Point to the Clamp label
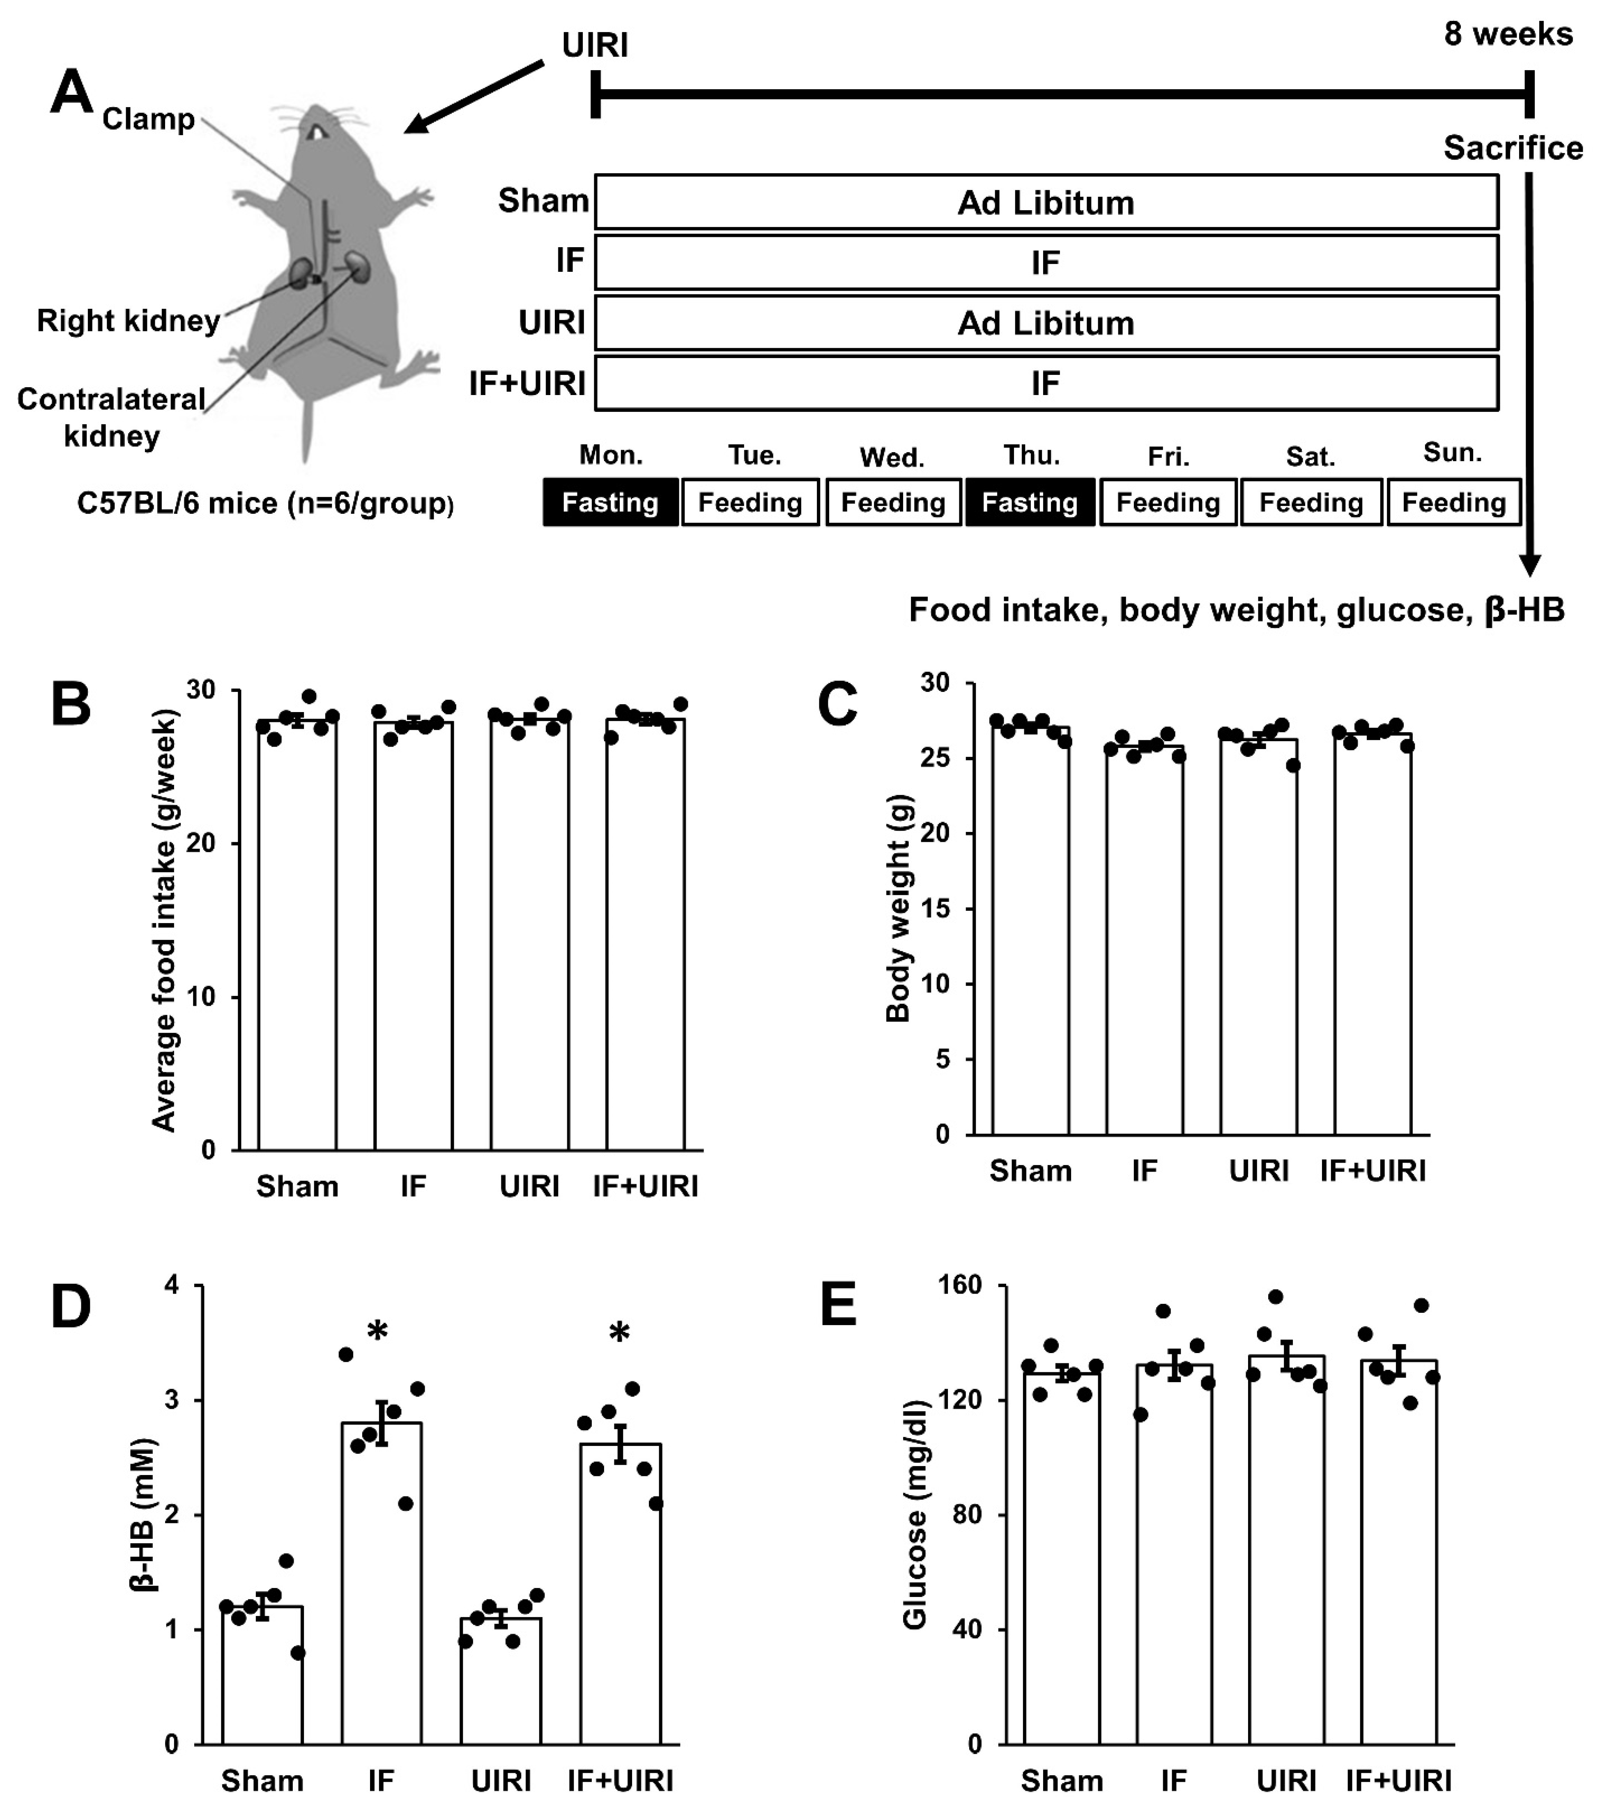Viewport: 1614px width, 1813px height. pyautogui.click(x=148, y=119)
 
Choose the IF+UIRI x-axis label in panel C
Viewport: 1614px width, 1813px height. pyautogui.click(x=1373, y=1171)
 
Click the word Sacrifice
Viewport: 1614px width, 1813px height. pyautogui.click(x=1513, y=148)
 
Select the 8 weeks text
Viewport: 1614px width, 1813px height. pyautogui.click(x=1508, y=34)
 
